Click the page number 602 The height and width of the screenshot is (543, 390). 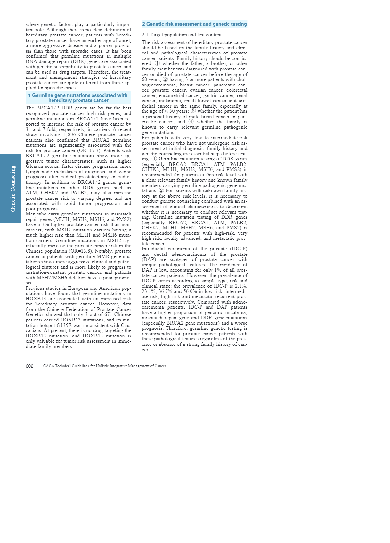tap(29, 366)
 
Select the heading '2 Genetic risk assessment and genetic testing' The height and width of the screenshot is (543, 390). tap(194, 24)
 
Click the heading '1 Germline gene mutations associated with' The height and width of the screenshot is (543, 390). tap(78, 95)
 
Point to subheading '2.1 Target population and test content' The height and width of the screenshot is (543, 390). tap(182, 35)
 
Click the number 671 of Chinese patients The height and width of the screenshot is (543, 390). tap(108, 314)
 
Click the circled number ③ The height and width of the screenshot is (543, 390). tap(193, 111)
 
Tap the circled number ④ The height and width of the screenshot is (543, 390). tap(191, 122)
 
